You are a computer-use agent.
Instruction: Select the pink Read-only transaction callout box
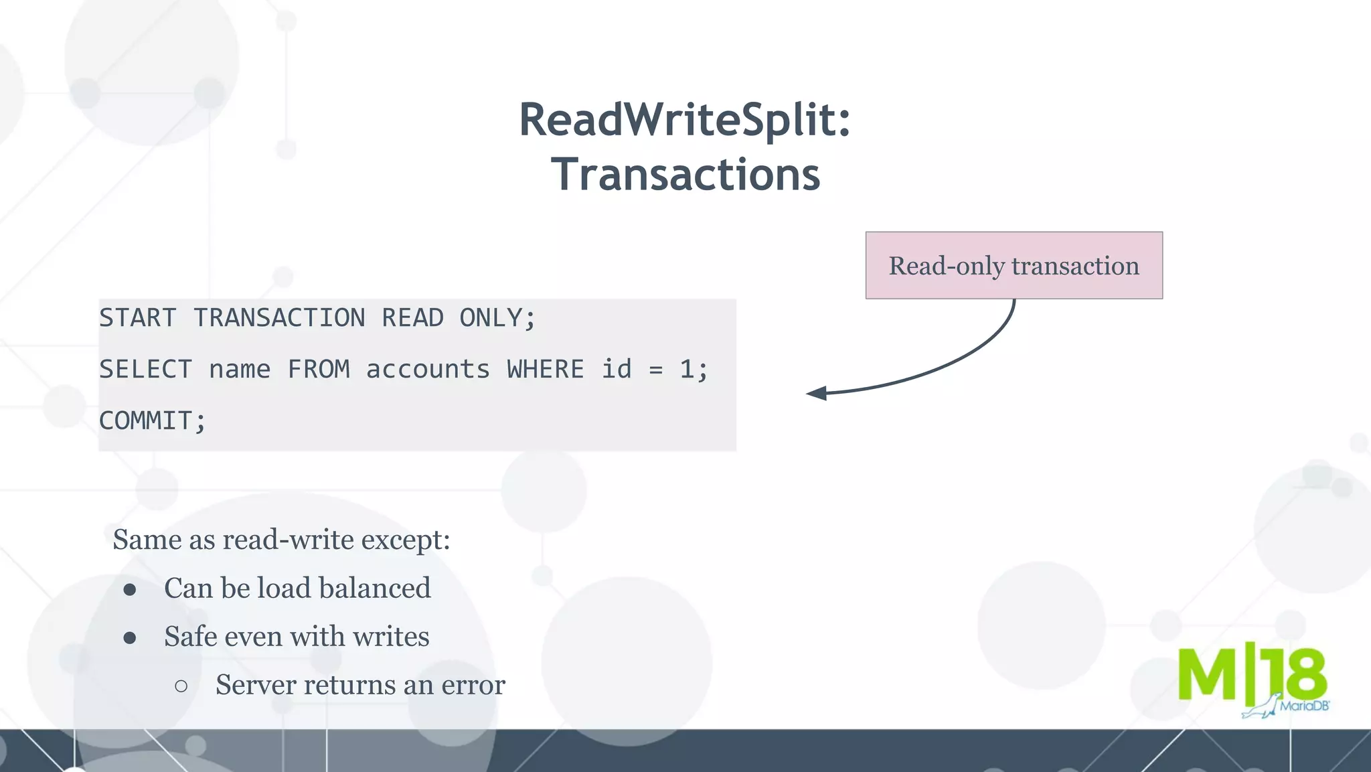click(1014, 266)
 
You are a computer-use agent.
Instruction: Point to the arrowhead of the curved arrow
click(817, 394)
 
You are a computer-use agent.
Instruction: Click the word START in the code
click(138, 318)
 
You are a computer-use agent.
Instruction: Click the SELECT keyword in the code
click(145, 370)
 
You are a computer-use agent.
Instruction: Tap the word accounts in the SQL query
click(428, 370)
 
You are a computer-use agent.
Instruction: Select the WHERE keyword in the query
click(545, 370)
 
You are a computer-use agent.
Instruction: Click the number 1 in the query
click(686, 370)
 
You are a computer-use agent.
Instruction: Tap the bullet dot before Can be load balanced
click(130, 589)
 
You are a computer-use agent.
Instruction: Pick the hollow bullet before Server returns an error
click(181, 686)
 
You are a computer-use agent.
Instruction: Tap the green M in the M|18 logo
click(1207, 675)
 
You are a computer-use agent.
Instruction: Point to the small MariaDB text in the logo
click(1303, 706)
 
